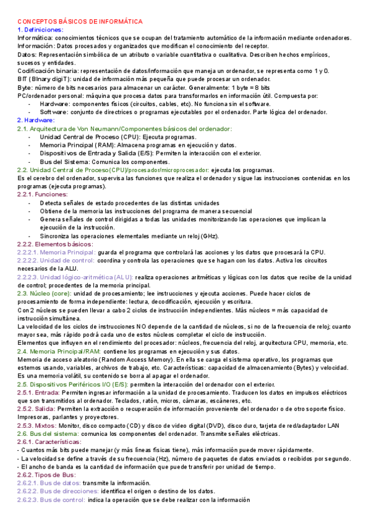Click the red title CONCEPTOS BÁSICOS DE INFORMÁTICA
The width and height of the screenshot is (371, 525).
pyautogui.click(x=80, y=22)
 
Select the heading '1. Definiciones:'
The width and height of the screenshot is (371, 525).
pyautogui.click(x=41, y=30)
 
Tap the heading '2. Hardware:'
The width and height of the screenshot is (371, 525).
pyautogui.click(x=36, y=120)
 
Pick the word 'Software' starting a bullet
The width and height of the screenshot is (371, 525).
pyautogui.click(x=54, y=112)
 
